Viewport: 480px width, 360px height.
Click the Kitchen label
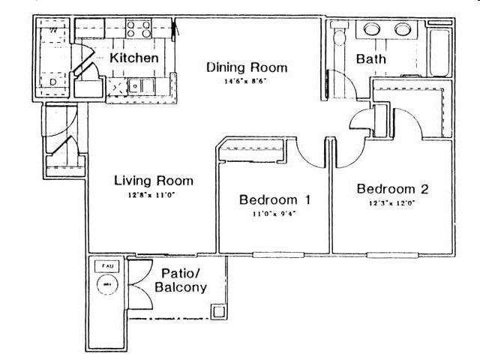point(134,58)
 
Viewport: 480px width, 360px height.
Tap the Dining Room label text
point(247,67)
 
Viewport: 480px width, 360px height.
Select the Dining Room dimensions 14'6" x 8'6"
point(247,81)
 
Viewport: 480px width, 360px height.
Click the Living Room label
point(154,180)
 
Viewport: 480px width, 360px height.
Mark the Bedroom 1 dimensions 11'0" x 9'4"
point(275,214)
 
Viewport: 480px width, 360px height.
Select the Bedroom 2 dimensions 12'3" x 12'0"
point(392,202)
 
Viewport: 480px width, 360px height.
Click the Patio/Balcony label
point(179,280)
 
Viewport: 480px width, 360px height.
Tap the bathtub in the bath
point(438,49)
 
